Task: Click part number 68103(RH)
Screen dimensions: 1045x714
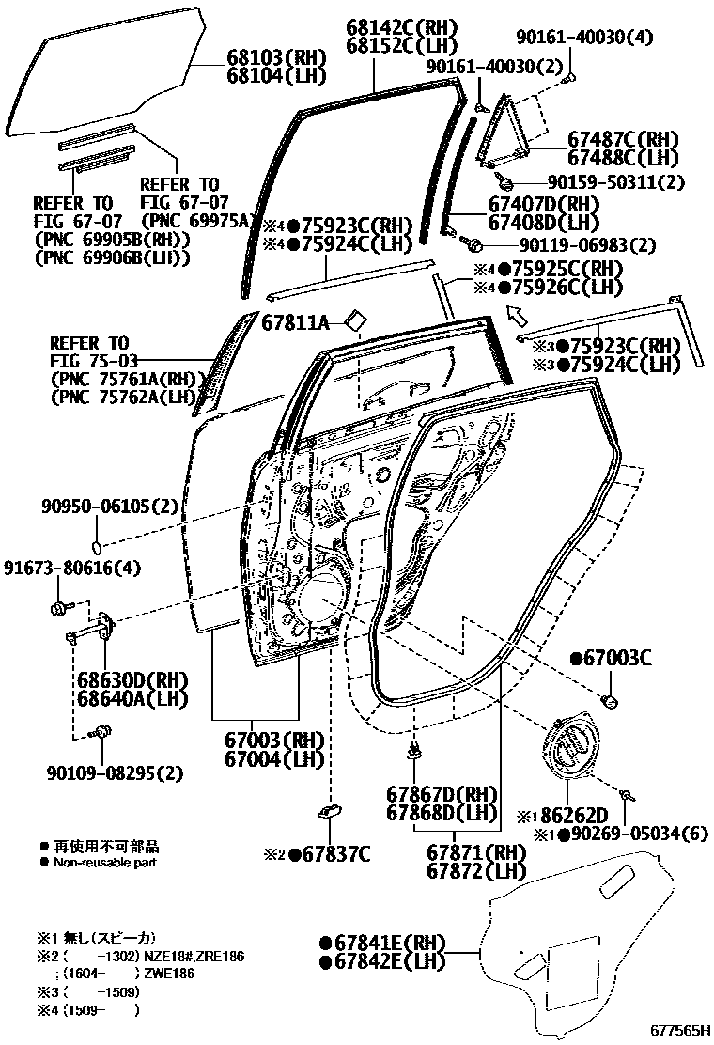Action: click(x=272, y=56)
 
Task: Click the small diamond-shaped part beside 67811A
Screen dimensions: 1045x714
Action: click(x=355, y=320)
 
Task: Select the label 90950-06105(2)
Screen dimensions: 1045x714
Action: click(x=109, y=507)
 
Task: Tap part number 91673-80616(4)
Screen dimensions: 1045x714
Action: click(x=71, y=568)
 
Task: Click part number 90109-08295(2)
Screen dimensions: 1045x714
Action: click(x=114, y=773)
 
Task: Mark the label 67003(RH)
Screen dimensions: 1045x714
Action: click(x=273, y=740)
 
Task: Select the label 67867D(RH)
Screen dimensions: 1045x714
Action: click(x=441, y=794)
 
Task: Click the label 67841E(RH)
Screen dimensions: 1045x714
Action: click(x=381, y=944)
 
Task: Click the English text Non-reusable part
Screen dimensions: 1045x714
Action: click(x=105, y=862)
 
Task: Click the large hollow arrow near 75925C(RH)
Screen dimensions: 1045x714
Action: click(x=516, y=315)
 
